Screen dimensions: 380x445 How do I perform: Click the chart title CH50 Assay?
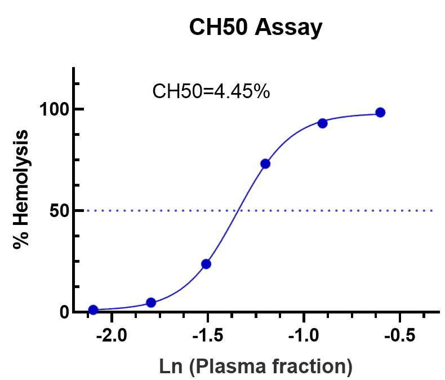(x=256, y=28)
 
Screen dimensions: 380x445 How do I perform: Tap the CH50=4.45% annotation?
(x=211, y=91)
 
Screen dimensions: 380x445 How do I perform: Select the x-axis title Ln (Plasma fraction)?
(x=256, y=366)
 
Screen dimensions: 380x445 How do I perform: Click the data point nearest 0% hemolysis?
(x=93, y=310)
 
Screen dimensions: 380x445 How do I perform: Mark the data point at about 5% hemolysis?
(x=150, y=302)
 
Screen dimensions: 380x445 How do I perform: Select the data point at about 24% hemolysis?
(x=206, y=264)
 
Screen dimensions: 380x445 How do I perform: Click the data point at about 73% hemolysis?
(x=265, y=164)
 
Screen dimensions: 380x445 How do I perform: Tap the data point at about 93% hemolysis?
(x=322, y=123)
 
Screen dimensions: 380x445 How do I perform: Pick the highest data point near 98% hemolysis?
(x=380, y=112)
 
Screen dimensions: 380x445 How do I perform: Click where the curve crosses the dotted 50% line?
(x=239, y=210)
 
